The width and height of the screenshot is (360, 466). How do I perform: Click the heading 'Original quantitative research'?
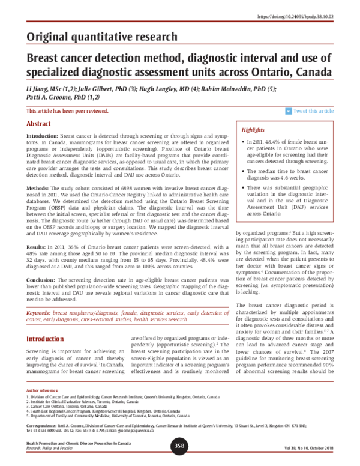102,37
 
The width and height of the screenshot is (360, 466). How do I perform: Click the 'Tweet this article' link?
313,111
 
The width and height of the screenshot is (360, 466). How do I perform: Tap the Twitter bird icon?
288,111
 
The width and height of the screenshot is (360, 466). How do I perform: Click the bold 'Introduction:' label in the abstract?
43,137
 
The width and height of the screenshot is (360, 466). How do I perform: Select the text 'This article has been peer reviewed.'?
68,111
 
